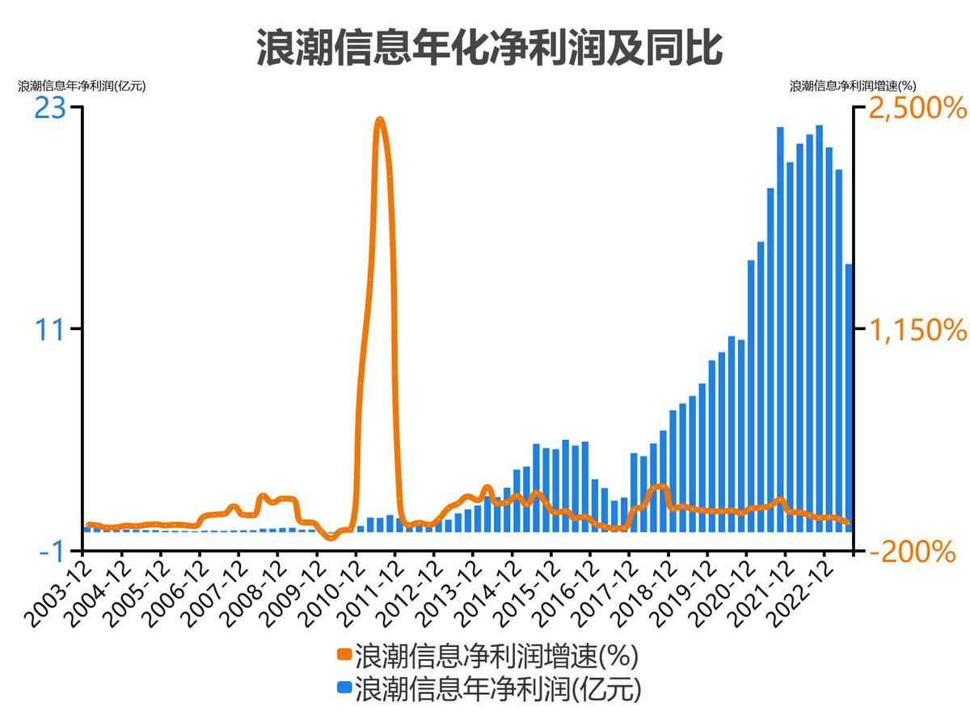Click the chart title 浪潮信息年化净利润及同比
click(489, 47)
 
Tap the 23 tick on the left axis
click(49, 108)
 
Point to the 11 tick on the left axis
click(51, 329)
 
